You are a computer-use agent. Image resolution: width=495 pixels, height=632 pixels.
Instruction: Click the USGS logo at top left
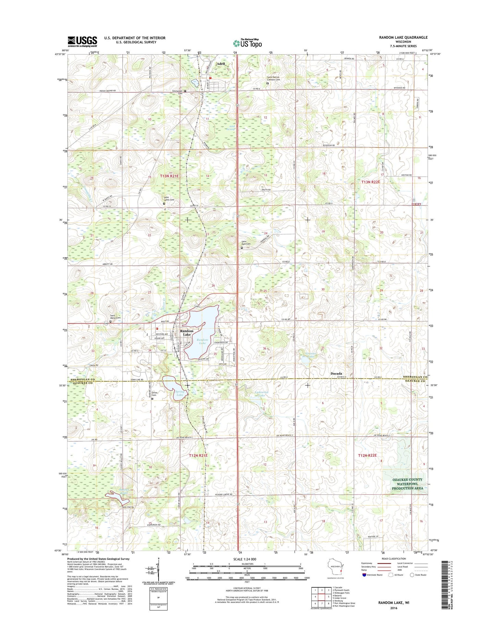[x=82, y=42]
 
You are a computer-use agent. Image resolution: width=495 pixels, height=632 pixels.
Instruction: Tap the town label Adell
[x=221, y=64]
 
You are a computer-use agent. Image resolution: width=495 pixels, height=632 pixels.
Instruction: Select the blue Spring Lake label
[x=180, y=393]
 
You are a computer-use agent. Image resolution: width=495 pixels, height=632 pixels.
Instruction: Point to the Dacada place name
[x=336, y=373]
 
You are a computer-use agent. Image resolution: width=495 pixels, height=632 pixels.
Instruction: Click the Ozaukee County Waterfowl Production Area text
[x=407, y=484]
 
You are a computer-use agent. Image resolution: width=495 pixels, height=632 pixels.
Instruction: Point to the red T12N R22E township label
[x=367, y=455]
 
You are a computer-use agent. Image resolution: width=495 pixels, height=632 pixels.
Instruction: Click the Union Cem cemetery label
[x=154, y=394]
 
